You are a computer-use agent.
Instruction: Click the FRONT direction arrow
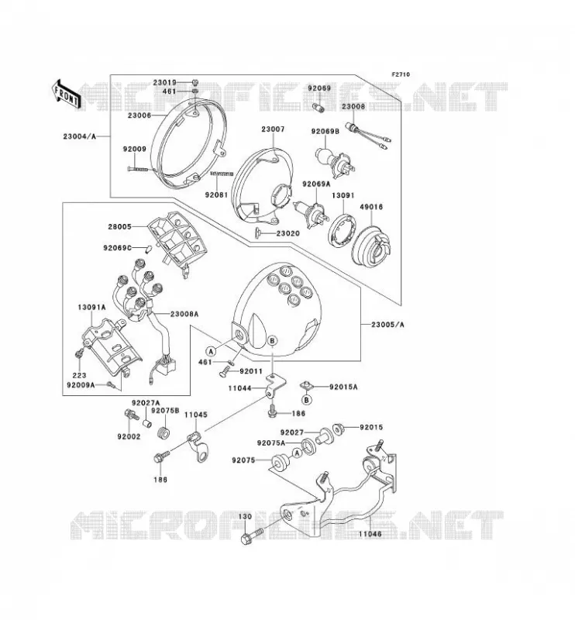tap(67, 94)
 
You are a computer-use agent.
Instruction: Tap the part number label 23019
tap(165, 83)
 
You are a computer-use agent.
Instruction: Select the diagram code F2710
tap(401, 74)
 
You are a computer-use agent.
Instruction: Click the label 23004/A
tap(80, 136)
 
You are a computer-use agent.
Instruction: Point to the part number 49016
tap(371, 206)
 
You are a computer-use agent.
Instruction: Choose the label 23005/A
tap(387, 325)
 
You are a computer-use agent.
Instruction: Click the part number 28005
tap(119, 227)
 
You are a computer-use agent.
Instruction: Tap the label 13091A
tap(91, 307)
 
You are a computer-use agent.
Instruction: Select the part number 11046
tap(370, 534)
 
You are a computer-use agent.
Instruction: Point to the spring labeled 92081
tap(222, 173)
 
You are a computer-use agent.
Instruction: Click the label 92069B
tap(325, 132)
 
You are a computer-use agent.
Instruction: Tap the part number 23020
tap(288, 233)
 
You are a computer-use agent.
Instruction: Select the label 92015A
tap(343, 387)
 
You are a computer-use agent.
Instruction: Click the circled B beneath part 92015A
tap(307, 400)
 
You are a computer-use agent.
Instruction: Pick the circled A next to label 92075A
tap(297, 453)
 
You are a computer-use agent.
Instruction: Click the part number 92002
tap(129, 436)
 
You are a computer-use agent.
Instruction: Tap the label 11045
tap(195, 415)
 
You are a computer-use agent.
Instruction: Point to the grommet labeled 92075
tap(279, 463)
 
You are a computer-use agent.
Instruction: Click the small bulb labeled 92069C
tap(150, 250)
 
